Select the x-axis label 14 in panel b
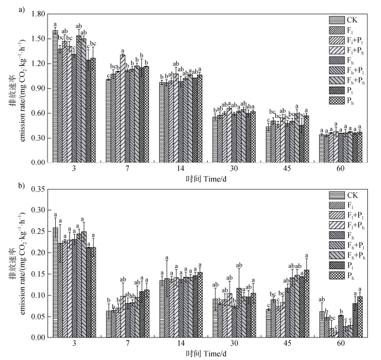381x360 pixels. pyautogui.click(x=181, y=345)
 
